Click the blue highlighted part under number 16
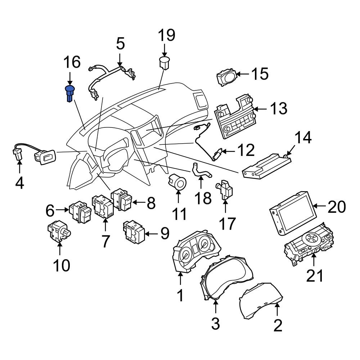click(69, 94)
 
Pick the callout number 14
click(303, 138)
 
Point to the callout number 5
click(120, 44)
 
